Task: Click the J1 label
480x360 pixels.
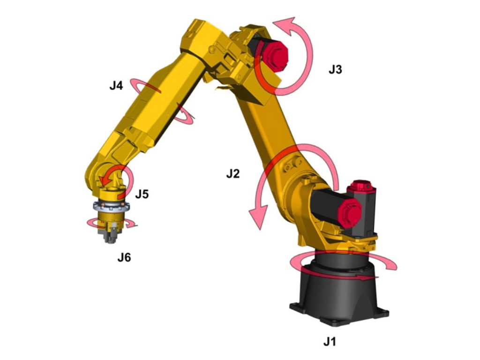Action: tap(330, 341)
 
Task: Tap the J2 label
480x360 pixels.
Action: tap(233, 174)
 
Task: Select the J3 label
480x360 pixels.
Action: tap(335, 70)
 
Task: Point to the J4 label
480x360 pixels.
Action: tap(116, 86)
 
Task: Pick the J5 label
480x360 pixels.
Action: tap(142, 194)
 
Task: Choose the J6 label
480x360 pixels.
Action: tap(124, 257)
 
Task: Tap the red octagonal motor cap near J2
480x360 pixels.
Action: tap(349, 213)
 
